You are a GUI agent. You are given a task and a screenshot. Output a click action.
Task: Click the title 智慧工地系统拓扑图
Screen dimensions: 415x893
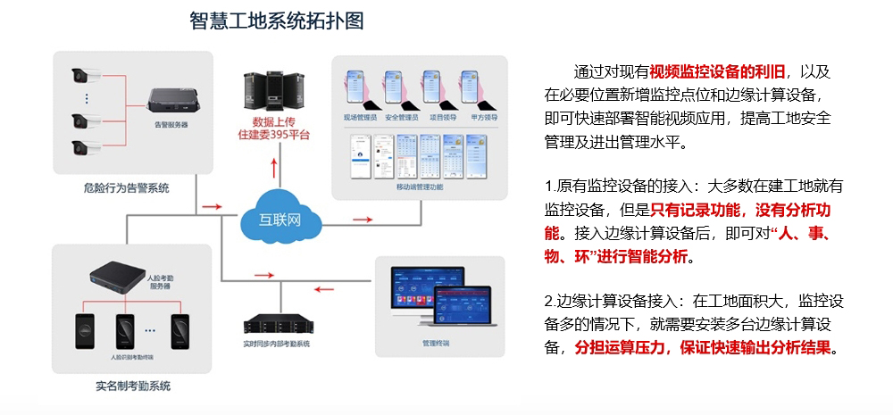click(x=277, y=21)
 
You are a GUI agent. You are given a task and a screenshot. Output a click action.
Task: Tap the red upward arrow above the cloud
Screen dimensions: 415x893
click(x=275, y=167)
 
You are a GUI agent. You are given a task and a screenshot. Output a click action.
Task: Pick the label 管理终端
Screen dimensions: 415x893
click(x=436, y=343)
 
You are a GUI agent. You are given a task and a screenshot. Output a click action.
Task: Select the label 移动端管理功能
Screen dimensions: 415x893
click(x=419, y=187)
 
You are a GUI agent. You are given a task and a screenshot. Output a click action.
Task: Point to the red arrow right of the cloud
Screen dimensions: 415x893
click(x=362, y=218)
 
